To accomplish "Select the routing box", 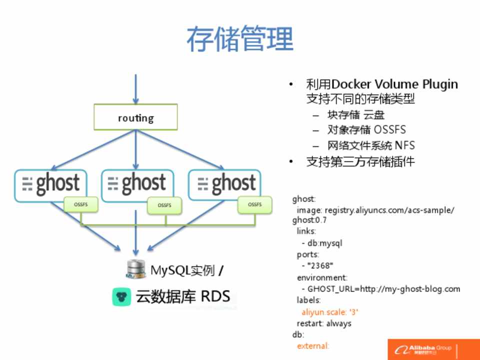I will (135, 118).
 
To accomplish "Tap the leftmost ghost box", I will (50, 184).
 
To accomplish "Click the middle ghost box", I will (137, 184).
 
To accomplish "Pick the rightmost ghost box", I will (224, 184).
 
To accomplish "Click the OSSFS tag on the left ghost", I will (80, 204).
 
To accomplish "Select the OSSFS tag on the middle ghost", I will (164, 205).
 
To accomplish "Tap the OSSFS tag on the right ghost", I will (254, 204).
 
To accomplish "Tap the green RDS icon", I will (121, 297).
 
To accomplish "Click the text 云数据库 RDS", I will (183, 296).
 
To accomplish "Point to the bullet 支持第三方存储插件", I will (360, 161).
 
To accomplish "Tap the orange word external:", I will (313, 345).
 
